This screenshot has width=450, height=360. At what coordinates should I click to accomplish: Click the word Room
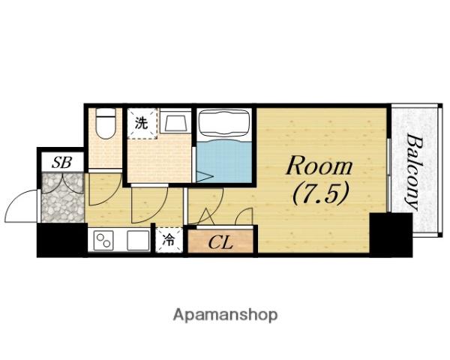[318, 166]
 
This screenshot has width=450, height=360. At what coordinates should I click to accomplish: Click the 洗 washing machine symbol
[140, 121]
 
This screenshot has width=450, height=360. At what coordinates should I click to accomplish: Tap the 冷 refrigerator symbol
[169, 241]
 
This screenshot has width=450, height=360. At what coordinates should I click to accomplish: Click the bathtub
[224, 123]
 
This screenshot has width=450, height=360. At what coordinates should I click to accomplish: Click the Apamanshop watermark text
[224, 315]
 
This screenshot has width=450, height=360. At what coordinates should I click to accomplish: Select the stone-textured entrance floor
[61, 199]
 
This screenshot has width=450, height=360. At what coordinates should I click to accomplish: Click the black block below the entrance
[61, 241]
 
